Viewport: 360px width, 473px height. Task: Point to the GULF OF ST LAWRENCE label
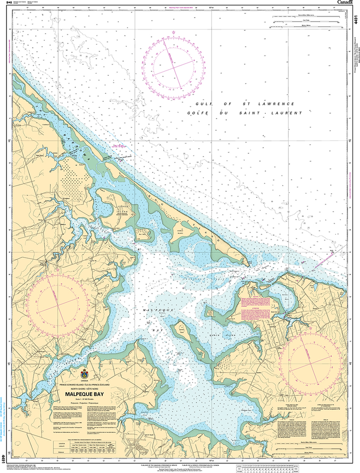pyautogui.click(x=244, y=104)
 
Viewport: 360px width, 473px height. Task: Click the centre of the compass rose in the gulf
pyautogui.click(x=174, y=67)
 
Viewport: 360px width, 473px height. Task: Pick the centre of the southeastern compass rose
pyautogui.click(x=311, y=360)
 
